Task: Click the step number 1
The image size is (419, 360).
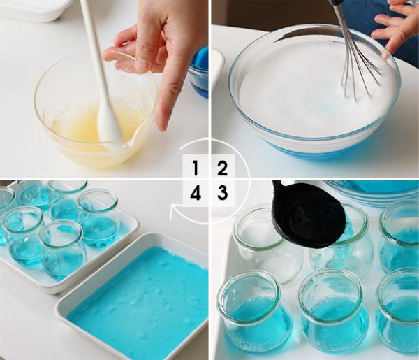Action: [196, 168]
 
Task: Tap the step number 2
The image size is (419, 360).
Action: [222, 168]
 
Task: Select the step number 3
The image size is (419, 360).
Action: [222, 192]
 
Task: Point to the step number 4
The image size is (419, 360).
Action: [196, 192]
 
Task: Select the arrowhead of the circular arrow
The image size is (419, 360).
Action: [173, 212]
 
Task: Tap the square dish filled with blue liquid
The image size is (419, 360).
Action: [133, 297]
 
